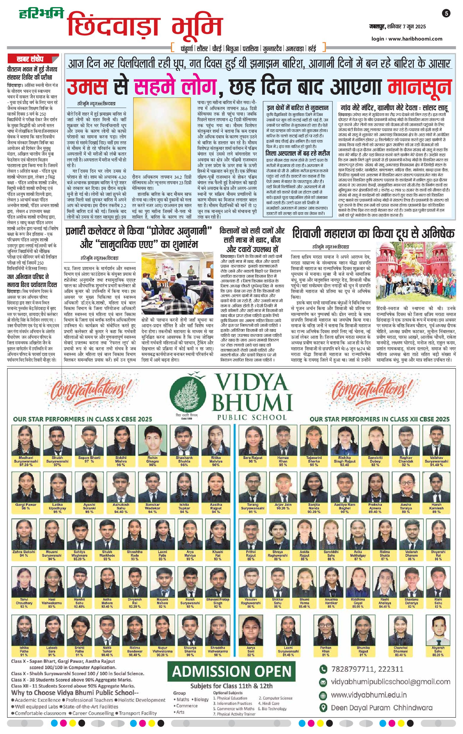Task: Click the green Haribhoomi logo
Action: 41,14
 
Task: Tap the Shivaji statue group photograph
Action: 415,271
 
